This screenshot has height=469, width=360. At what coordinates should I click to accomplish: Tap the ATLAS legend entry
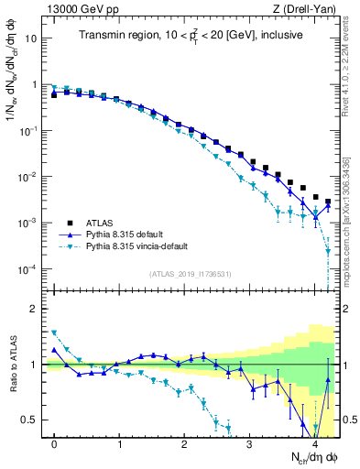coord(109,223)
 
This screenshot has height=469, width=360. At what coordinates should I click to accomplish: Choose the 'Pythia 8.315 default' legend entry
coord(137,235)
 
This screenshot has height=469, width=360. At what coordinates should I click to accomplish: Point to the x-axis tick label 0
coord(54,444)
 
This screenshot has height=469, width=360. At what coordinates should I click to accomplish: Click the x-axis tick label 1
coord(120,444)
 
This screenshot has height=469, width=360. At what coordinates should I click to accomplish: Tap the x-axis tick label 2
coord(185,444)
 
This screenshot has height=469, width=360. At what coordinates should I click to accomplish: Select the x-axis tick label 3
coord(250,444)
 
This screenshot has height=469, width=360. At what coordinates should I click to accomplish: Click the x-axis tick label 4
coord(315,444)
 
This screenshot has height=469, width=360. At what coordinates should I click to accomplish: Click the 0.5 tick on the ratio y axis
coord(31,420)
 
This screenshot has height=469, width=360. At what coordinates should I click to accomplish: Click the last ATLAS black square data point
coord(328,202)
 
